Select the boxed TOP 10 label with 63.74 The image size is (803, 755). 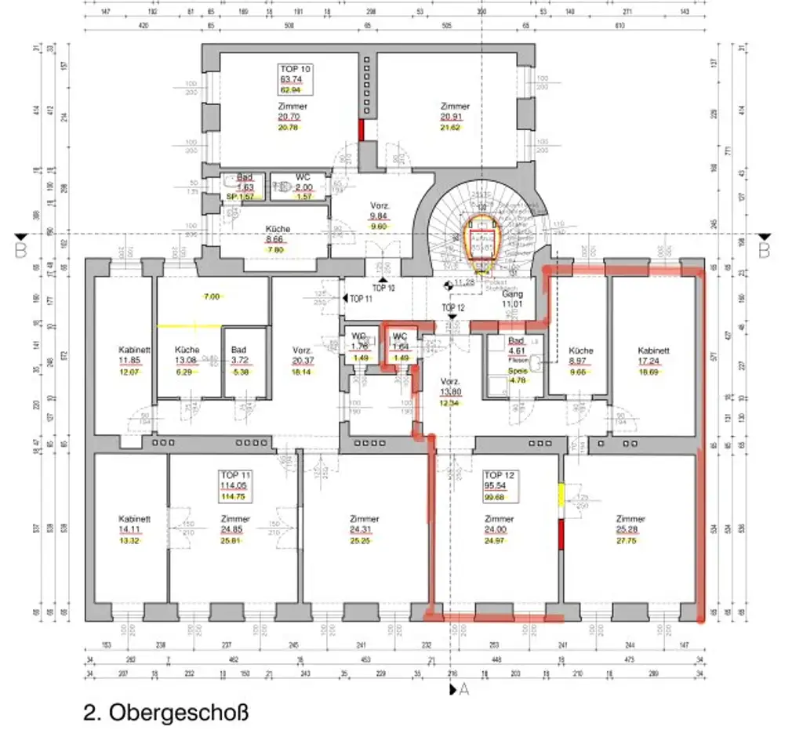click(295, 79)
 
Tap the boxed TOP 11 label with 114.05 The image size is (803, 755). click(234, 485)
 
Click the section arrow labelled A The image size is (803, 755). click(459, 690)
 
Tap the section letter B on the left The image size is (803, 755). click(20, 250)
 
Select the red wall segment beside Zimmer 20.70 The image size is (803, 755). click(362, 129)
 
